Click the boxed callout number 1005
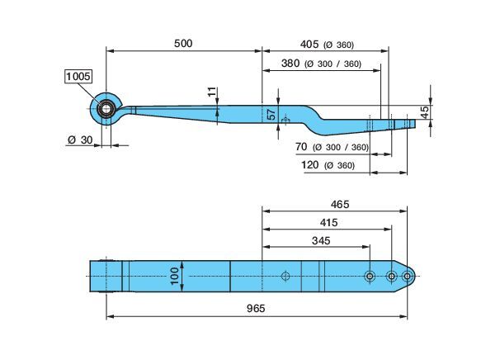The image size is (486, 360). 78,76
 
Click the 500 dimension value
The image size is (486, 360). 183,44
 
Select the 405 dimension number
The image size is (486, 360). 309,45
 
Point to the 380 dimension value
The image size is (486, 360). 290,64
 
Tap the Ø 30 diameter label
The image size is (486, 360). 80,140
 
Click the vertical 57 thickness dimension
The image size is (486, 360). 271,114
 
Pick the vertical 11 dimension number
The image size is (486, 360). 212,92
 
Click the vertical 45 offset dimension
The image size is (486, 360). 425,112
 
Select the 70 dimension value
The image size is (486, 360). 301,146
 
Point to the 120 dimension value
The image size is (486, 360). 310,164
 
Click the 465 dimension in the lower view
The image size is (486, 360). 340,204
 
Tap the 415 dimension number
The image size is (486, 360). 328,222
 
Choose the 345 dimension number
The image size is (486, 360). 321,240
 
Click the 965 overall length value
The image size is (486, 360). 256,308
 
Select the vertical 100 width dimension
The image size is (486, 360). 174,276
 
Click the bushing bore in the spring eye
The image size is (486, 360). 106,109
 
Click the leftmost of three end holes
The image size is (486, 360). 370,276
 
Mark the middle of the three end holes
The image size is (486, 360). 391,276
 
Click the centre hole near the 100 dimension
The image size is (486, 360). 285,276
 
